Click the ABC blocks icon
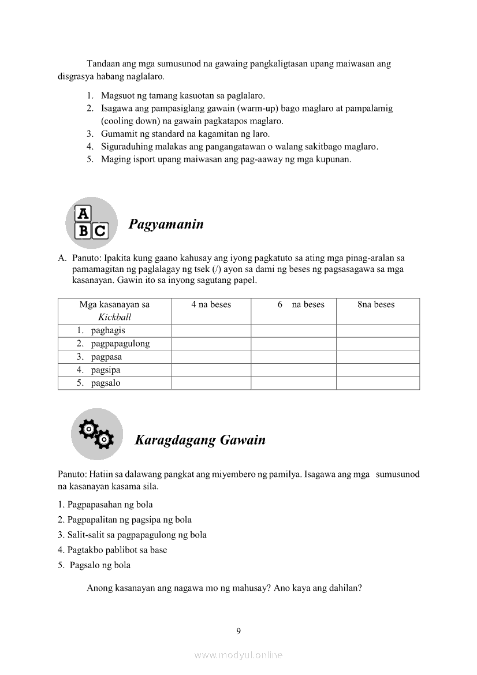[x=91, y=223]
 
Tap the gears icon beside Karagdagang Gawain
[x=96, y=434]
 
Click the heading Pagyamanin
[x=166, y=224]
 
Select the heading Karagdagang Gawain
[x=200, y=440]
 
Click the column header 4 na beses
[x=211, y=305]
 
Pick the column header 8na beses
[x=376, y=305]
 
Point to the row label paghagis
[x=108, y=331]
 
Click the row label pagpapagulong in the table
[x=120, y=344]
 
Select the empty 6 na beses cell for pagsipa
[x=293, y=370]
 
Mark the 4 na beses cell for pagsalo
[x=211, y=383]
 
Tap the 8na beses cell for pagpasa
[x=378, y=357]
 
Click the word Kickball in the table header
[x=114, y=317]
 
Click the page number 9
[x=238, y=631]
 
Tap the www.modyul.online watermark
[x=238, y=655]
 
